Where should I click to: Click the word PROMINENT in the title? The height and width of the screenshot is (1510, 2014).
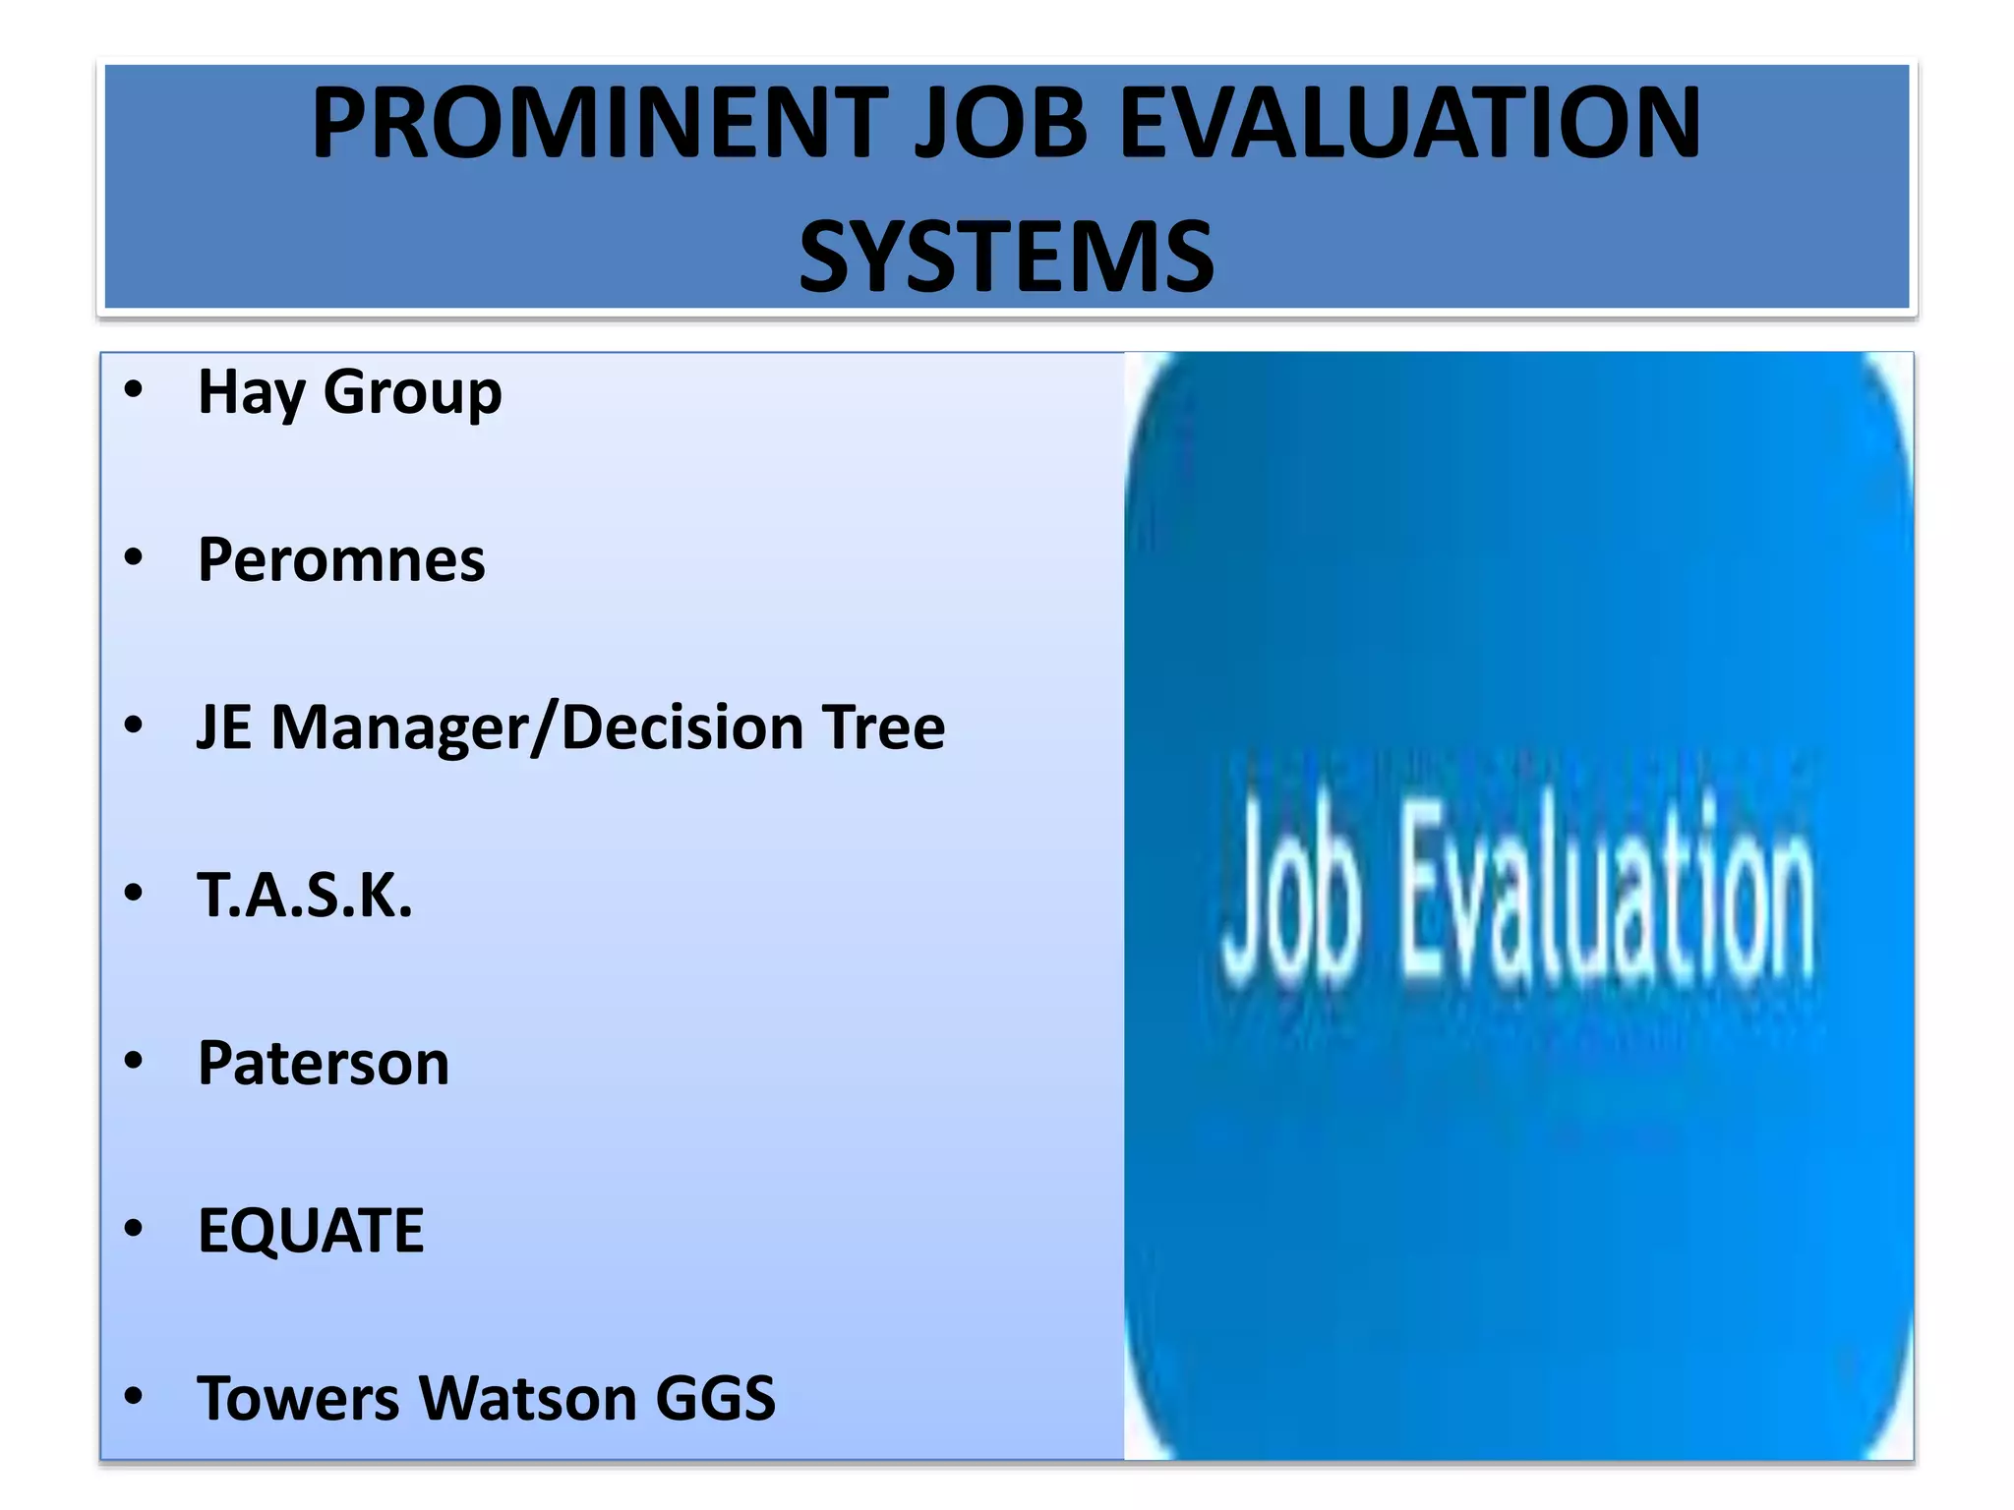pyautogui.click(x=600, y=124)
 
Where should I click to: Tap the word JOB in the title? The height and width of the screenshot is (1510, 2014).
pyautogui.click(x=1001, y=124)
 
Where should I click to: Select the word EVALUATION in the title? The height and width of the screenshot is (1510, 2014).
pyautogui.click(x=1410, y=124)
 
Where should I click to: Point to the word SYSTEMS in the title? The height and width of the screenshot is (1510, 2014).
pyautogui.click(x=1006, y=258)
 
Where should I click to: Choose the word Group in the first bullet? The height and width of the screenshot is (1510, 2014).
pyautogui.click(x=412, y=393)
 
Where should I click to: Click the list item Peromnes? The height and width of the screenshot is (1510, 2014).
pyautogui.click(x=341, y=560)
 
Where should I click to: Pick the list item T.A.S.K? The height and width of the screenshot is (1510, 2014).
pyautogui.click(x=305, y=896)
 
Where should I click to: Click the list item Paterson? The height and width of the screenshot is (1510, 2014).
pyautogui.click(x=324, y=1064)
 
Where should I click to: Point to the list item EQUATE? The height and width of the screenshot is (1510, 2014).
pyautogui.click(x=311, y=1231)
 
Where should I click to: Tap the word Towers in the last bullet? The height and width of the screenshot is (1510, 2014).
pyautogui.click(x=298, y=1399)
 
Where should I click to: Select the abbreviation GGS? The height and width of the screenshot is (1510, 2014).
pyautogui.click(x=715, y=1399)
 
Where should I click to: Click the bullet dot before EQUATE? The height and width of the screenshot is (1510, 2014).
pyautogui.click(x=134, y=1229)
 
